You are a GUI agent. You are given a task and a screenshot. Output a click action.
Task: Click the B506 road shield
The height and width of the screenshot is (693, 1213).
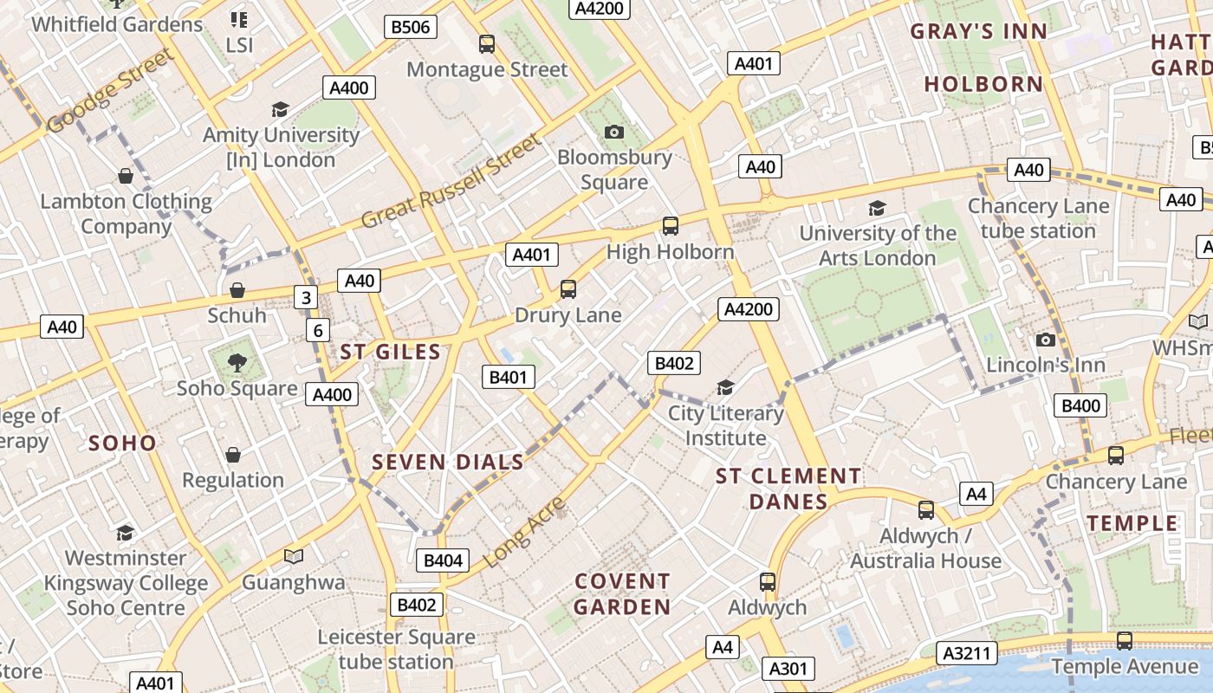(411, 27)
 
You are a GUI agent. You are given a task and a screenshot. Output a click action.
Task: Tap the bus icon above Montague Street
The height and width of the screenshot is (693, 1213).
(487, 44)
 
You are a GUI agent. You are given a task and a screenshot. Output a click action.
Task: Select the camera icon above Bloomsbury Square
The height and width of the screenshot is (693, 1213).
(614, 132)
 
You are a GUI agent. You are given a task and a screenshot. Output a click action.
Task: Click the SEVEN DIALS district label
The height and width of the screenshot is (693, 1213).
(448, 462)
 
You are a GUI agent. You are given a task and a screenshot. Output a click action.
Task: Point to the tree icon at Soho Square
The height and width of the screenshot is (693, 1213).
(237, 362)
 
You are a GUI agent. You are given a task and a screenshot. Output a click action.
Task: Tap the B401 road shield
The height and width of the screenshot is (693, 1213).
(509, 377)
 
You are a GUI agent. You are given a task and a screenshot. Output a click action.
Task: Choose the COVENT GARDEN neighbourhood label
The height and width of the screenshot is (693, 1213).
(622, 593)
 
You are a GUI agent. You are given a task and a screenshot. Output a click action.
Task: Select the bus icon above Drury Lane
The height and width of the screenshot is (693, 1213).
(568, 289)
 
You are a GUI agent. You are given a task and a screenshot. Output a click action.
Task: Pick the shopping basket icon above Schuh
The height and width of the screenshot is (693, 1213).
(237, 290)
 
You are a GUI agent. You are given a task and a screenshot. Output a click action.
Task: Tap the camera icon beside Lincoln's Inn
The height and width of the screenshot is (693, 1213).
(1046, 340)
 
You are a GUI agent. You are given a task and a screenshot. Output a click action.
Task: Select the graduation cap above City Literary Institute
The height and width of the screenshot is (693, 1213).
(725, 387)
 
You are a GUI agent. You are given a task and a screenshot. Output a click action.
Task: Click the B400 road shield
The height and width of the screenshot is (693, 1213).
(1080, 405)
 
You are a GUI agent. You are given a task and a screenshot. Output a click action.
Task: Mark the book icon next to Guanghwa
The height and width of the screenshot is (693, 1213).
(294, 556)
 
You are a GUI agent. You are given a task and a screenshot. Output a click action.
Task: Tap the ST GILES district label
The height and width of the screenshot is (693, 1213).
(390, 352)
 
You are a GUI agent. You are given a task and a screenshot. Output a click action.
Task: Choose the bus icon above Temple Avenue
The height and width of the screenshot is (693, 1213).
(1124, 641)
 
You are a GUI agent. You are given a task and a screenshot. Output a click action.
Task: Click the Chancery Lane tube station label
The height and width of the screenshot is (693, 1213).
(1038, 218)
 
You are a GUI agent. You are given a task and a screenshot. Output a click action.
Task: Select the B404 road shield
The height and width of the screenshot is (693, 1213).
(443, 560)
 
